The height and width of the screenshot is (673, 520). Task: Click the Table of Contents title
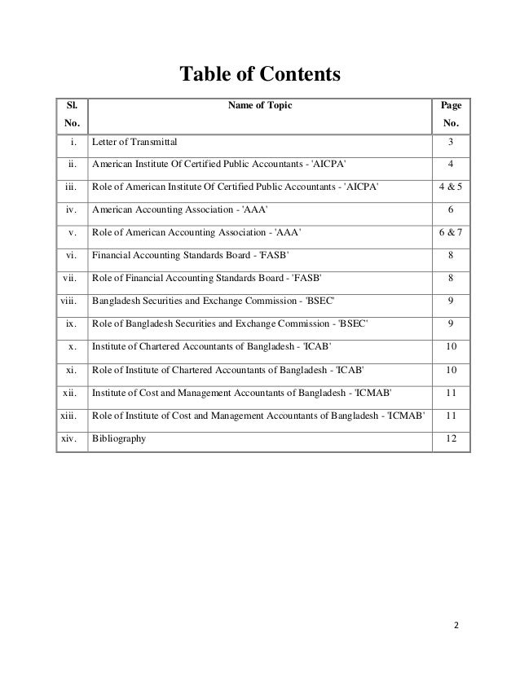[258, 76]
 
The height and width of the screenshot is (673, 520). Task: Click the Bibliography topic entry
[120, 439]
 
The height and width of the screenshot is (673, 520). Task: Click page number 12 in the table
[450, 439]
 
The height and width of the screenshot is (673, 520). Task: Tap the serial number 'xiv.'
[71, 439]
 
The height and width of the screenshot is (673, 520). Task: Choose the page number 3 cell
[450, 143]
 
